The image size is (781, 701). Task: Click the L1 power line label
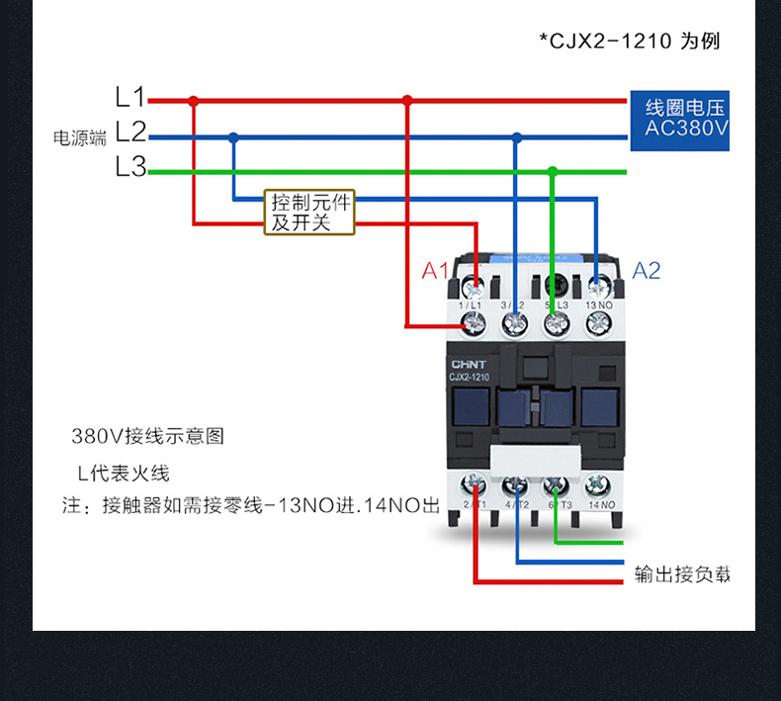[x=130, y=97]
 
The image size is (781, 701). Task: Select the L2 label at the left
[x=130, y=131]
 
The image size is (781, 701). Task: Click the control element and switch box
[x=309, y=213]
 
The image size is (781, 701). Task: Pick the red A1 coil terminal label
[x=435, y=271]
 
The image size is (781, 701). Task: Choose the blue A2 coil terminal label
[x=646, y=271]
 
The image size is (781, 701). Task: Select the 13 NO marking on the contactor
[x=600, y=306]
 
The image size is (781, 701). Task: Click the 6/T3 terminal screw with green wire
[x=556, y=485]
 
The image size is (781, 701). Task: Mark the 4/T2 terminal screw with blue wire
[x=516, y=485]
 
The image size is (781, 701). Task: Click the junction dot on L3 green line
[x=553, y=171]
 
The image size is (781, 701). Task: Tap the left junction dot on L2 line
[x=233, y=137]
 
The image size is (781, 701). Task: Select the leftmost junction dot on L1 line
[x=194, y=100]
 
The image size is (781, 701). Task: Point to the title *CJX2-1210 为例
[x=629, y=42]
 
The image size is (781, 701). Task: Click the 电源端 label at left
[x=79, y=138]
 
